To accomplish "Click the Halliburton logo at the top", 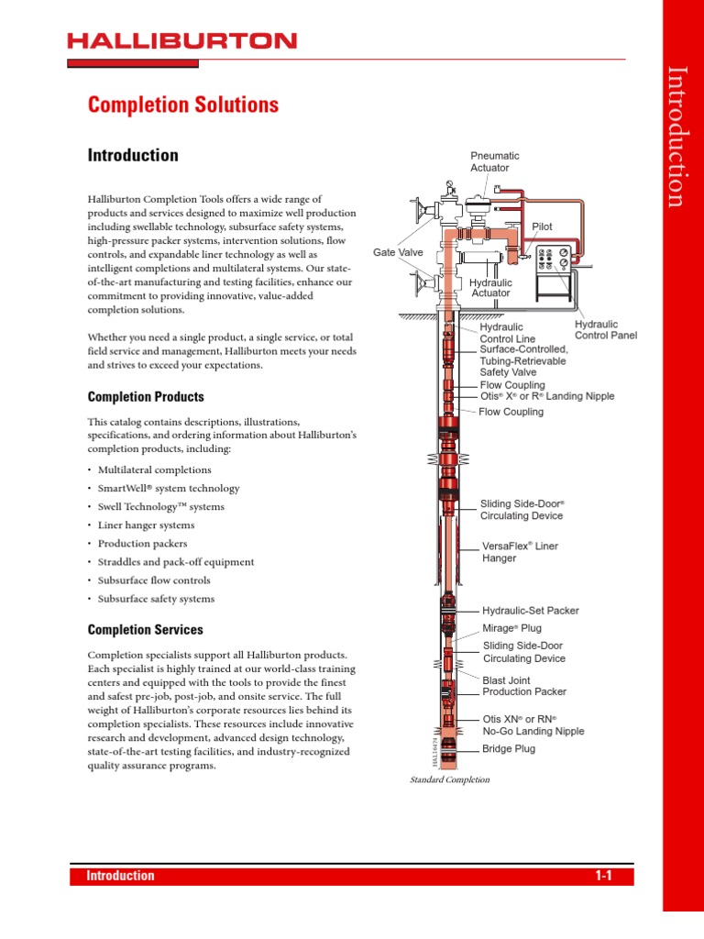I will pyautogui.click(x=181, y=41).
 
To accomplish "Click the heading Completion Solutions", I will pyautogui.click(x=183, y=105).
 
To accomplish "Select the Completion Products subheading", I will pyautogui.click(x=146, y=397).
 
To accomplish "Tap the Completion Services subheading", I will pyautogui.click(x=145, y=630).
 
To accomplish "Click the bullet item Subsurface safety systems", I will pyautogui.click(x=156, y=599).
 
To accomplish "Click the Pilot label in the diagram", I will pyautogui.click(x=542, y=226).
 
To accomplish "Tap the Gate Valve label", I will pyautogui.click(x=398, y=252).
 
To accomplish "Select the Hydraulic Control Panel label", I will pyautogui.click(x=605, y=330).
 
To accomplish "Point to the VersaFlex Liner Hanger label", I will pyautogui.click(x=520, y=551).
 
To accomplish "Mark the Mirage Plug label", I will pyautogui.click(x=512, y=628).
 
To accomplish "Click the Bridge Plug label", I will pyautogui.click(x=509, y=749).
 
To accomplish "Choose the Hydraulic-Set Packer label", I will pyautogui.click(x=531, y=610).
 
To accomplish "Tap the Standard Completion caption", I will pyautogui.click(x=449, y=779).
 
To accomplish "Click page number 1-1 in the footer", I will pyautogui.click(x=602, y=876).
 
